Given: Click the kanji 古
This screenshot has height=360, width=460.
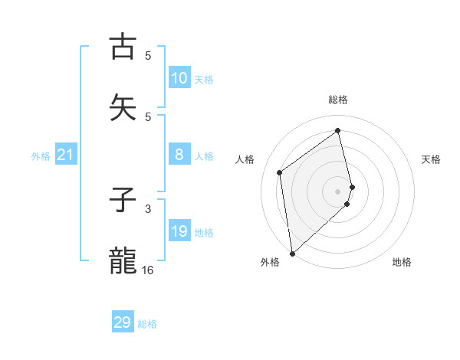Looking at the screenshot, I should [123, 46].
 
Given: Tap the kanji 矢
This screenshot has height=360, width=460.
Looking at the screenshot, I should [123, 107].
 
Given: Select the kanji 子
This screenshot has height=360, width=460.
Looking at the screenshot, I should [123, 201].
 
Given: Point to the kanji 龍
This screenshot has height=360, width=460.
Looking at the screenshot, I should [123, 261].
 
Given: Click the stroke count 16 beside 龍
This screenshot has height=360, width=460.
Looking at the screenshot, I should [148, 270].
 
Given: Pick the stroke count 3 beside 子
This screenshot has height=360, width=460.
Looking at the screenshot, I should [148, 208].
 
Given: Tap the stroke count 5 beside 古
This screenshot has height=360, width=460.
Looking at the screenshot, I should [148, 55].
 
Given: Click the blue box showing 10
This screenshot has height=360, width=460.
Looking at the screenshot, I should [179, 78].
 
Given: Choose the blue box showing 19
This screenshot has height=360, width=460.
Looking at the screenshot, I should [179, 232].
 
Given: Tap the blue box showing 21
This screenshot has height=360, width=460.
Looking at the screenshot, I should [66, 155].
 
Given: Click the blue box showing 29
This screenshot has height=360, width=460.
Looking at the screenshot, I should [123, 322].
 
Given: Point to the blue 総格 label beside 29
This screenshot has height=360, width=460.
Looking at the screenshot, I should [147, 324].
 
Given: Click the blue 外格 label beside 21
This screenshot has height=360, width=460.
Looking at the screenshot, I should [41, 156].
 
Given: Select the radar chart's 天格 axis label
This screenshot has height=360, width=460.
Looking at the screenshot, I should [431, 159].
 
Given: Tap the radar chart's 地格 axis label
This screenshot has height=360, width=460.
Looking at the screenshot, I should [402, 262].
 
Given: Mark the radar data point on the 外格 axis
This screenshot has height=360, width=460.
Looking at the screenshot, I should [291, 253].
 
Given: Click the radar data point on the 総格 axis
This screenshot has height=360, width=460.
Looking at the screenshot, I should [338, 130].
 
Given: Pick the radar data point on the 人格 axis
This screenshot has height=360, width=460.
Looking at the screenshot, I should [280, 172].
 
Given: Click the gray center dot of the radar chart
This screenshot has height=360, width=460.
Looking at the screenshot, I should [338, 191].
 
